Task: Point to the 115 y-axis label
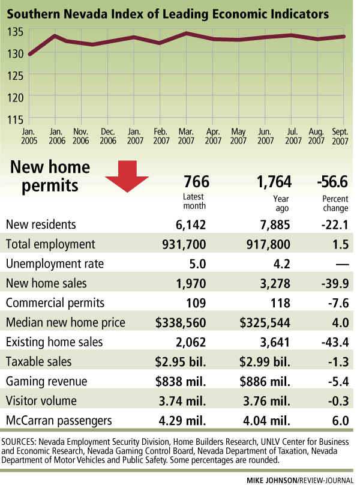[x=16, y=118]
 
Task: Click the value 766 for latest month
[x=195, y=181]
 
